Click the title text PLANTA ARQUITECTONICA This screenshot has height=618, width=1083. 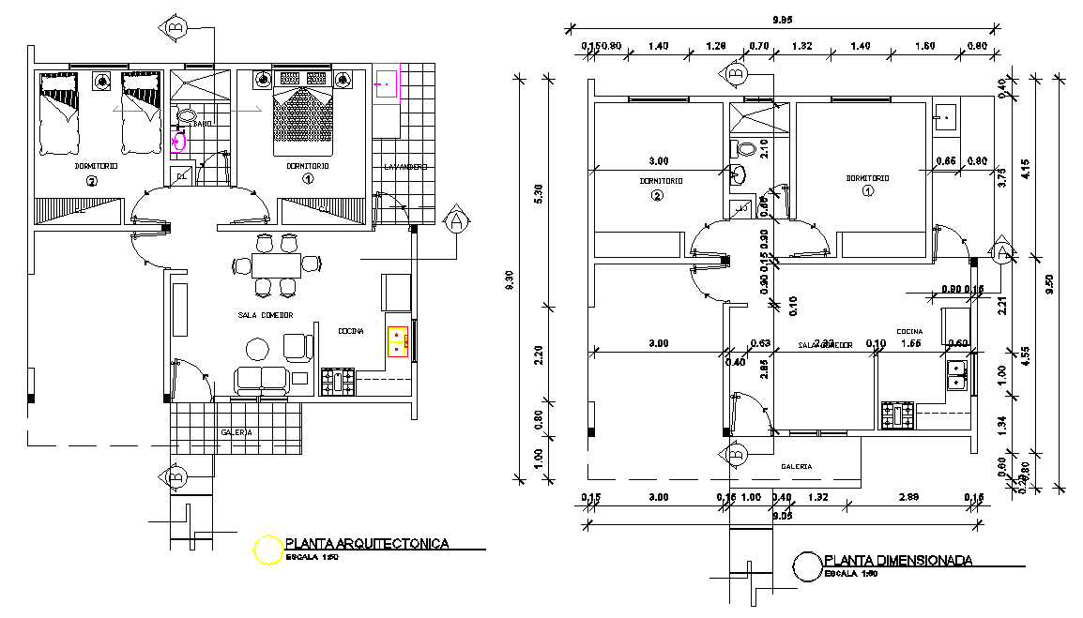coord(367,543)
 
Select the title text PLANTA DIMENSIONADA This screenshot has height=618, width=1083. coord(897,561)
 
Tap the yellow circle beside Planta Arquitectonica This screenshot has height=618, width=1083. coord(268,550)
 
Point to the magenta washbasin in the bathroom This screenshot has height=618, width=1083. coord(180,143)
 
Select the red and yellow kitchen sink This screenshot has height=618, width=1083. coord(398,342)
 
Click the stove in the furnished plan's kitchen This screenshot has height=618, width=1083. coord(338,382)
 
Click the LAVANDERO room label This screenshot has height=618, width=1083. coord(405,167)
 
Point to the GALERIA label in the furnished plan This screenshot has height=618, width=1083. coord(236,432)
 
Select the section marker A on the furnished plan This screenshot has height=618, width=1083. coord(456,221)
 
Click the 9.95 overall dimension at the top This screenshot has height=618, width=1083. coord(784,19)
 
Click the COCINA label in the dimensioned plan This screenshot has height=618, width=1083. coord(909,331)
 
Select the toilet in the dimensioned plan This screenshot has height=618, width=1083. coord(746,149)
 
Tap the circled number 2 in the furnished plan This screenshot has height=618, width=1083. coord(91,182)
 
